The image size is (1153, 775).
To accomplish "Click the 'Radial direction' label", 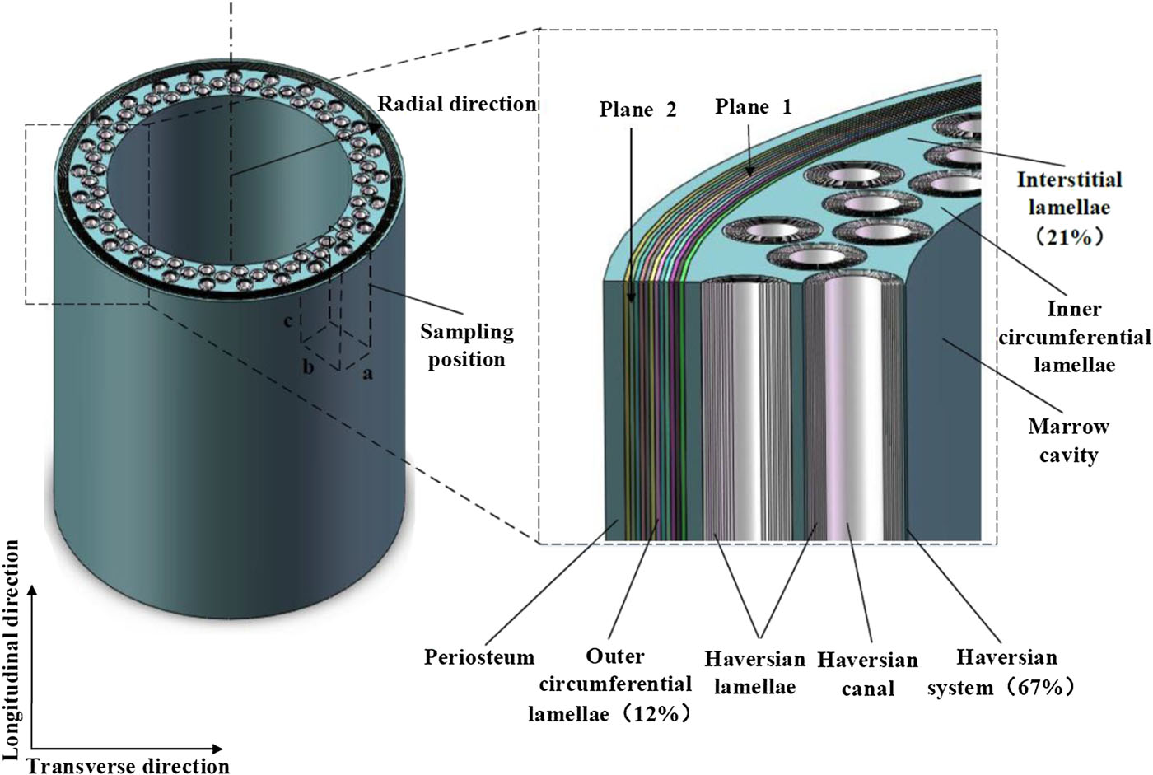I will [457, 104].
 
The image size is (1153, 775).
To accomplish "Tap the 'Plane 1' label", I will [753, 107].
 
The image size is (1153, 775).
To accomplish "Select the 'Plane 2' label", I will [637, 110].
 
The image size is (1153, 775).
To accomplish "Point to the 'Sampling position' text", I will [466, 345].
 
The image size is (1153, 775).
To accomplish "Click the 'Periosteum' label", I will [479, 657].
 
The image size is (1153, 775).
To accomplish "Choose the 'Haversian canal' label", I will [867, 674].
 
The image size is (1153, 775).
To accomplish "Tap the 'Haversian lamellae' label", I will [754, 673].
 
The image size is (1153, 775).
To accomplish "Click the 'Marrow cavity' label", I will [1068, 441].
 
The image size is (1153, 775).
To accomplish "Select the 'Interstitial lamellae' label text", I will [1069, 194].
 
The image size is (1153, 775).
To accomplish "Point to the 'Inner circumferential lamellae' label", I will [1074, 337].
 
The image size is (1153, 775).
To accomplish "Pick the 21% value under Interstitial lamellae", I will [1068, 237].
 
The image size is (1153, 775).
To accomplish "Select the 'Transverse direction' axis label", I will [128, 766].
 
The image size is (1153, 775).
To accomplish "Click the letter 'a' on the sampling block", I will [367, 373].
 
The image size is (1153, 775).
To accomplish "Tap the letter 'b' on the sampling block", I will [308, 367].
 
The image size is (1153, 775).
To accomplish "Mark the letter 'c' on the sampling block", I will [288, 321].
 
